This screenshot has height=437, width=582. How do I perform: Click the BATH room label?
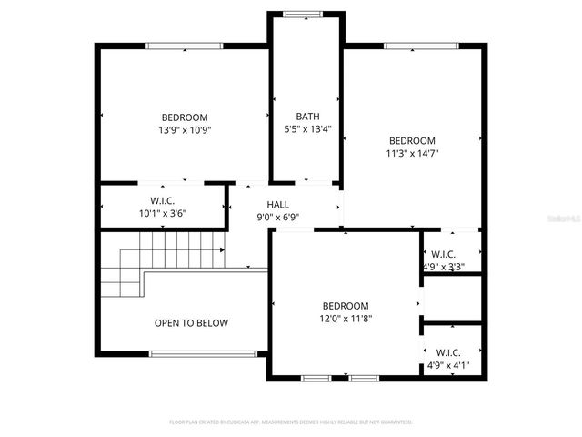point(307,117)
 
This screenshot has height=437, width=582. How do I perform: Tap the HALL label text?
point(278,204)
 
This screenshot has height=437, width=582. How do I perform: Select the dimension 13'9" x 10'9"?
point(185,130)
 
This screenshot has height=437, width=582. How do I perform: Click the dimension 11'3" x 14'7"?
point(412,154)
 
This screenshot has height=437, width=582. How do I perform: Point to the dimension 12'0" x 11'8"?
point(346,319)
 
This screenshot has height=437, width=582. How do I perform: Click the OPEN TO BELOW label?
point(191,323)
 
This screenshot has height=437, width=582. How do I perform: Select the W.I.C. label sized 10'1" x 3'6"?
point(163,200)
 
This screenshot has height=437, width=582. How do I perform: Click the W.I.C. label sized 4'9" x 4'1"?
point(447,352)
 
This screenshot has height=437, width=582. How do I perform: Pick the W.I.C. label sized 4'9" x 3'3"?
point(443,254)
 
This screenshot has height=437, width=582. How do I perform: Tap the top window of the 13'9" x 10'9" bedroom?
point(185,46)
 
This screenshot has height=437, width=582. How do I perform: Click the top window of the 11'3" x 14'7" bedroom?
point(412,46)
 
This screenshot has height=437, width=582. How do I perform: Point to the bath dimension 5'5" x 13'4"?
point(307,129)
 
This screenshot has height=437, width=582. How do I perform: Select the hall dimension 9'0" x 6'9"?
point(278,217)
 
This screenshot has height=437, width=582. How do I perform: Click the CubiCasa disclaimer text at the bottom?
point(291,422)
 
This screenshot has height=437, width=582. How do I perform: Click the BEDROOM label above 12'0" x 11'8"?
point(346,306)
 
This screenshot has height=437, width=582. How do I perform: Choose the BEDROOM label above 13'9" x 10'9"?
point(185,117)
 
